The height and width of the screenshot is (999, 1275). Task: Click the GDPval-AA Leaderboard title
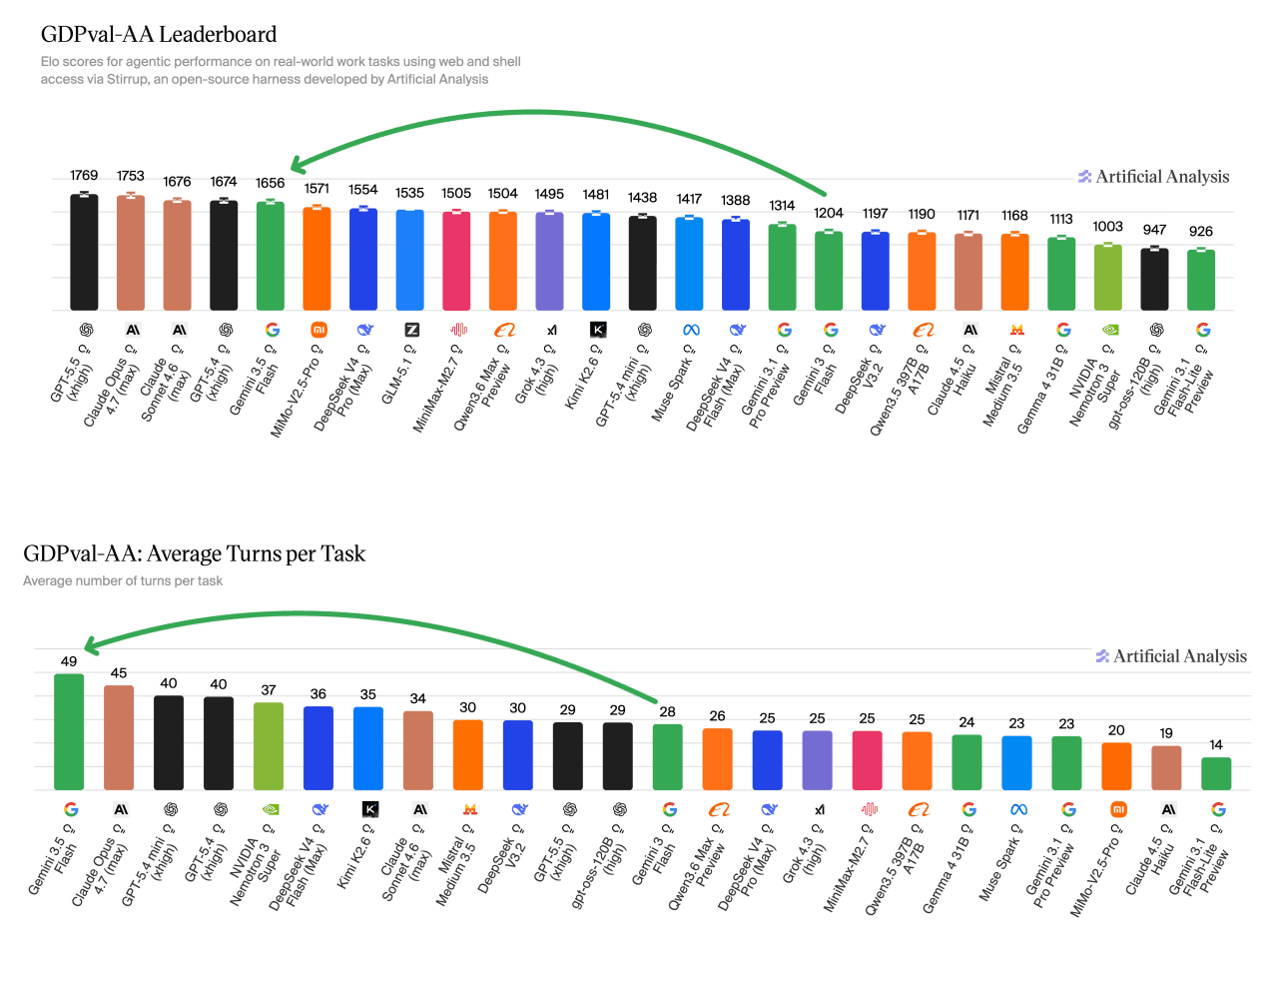pos(159,34)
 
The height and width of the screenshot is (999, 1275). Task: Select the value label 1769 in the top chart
pos(84,175)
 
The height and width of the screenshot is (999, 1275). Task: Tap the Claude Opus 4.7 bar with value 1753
pos(130,253)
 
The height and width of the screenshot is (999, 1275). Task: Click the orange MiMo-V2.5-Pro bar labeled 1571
pos(317,259)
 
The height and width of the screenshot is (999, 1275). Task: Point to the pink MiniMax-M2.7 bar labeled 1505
pos(456,261)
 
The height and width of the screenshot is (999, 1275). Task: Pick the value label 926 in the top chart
pos(1200,231)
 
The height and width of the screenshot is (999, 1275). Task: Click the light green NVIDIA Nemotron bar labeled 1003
pos(1108,277)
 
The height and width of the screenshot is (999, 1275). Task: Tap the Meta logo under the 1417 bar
pos(691,331)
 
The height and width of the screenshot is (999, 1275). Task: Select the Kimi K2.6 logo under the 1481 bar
pos(598,330)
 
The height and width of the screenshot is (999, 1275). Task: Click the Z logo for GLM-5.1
pos(412,330)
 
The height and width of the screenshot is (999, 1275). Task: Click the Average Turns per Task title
pos(195,552)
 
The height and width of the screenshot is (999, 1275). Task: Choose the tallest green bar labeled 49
pos(69,731)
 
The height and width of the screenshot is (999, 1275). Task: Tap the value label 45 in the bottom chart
pos(119,672)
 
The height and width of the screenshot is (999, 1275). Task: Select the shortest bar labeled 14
pos(1216,773)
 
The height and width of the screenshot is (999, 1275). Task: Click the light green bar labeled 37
pos(269,746)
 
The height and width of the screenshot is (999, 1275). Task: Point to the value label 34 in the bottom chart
pos(417,698)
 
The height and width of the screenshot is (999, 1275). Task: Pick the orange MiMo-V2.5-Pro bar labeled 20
pos(1116,766)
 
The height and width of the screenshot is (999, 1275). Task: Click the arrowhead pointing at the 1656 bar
pos(297,166)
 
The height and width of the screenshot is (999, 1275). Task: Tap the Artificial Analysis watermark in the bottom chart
pos(1171,655)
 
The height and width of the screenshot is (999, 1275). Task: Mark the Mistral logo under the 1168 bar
pos(1016,330)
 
